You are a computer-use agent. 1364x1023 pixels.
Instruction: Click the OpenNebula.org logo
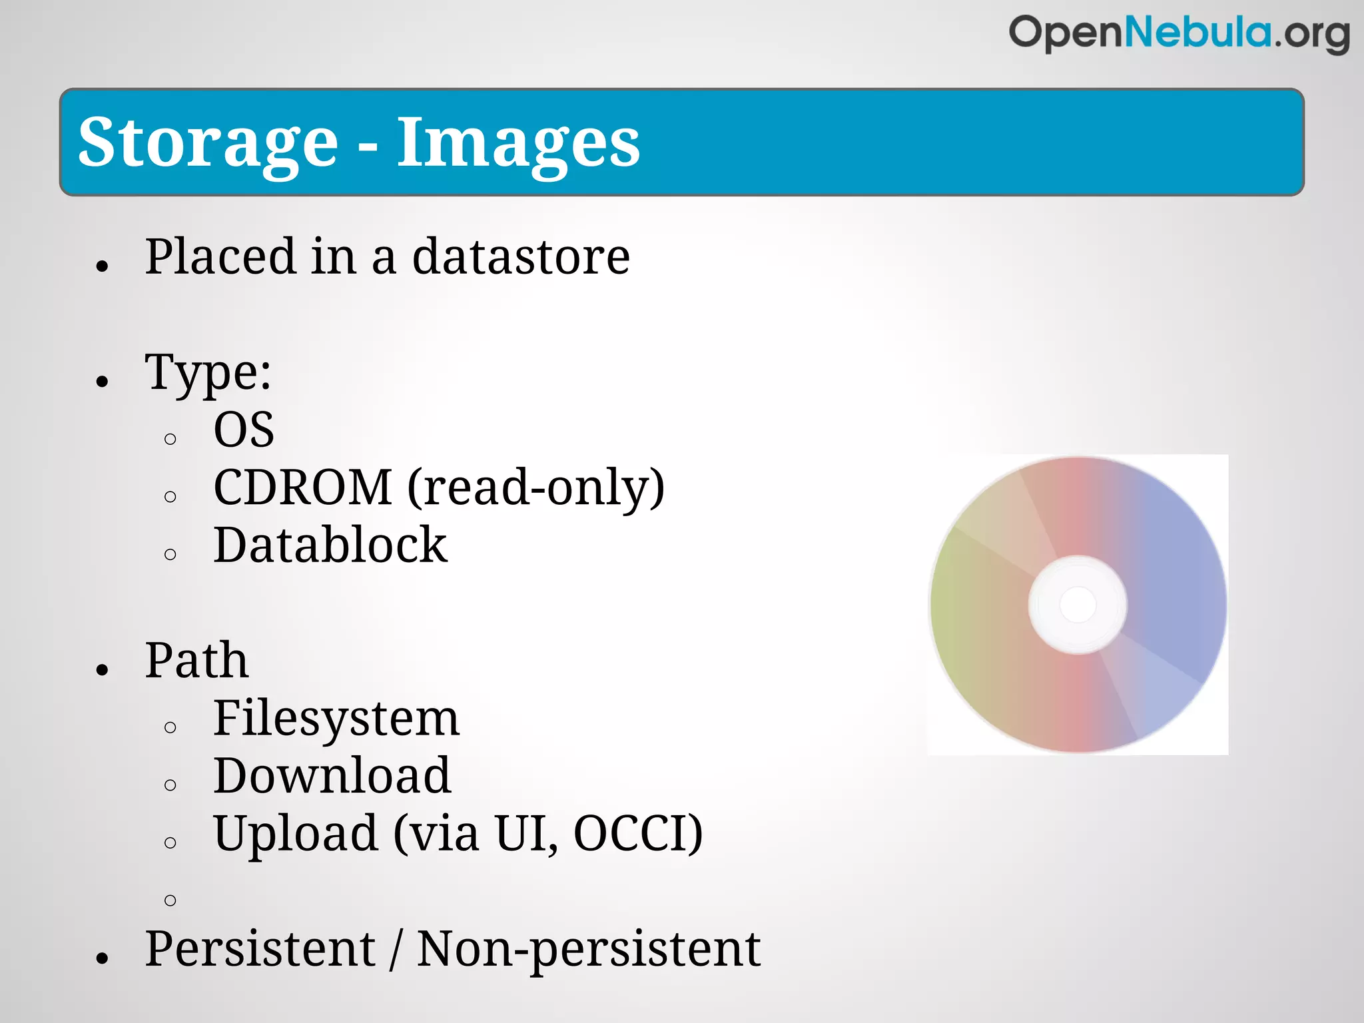(x=1179, y=33)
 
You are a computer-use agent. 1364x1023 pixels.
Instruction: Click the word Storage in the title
(x=208, y=143)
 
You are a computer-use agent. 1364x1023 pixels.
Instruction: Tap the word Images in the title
(x=518, y=143)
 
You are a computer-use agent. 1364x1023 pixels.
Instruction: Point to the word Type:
(x=208, y=373)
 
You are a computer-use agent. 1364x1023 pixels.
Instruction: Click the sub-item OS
(x=244, y=430)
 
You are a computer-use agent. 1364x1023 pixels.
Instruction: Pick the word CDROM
(x=303, y=488)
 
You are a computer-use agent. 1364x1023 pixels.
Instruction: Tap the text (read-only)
(x=536, y=488)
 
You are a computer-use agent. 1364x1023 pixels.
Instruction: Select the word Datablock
(x=330, y=545)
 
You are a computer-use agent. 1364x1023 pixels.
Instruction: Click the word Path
(x=197, y=661)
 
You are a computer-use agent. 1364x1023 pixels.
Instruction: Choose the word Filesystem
(x=336, y=719)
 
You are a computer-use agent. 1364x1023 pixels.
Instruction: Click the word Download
(x=332, y=776)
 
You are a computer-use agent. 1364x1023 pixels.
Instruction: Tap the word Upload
(x=296, y=834)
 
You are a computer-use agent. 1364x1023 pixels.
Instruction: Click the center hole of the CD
(x=1078, y=605)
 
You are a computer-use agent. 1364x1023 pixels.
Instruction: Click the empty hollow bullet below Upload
(x=170, y=900)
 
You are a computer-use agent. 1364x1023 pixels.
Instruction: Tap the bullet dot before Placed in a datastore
(x=102, y=266)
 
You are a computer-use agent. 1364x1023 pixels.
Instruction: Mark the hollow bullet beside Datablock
(x=170, y=554)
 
